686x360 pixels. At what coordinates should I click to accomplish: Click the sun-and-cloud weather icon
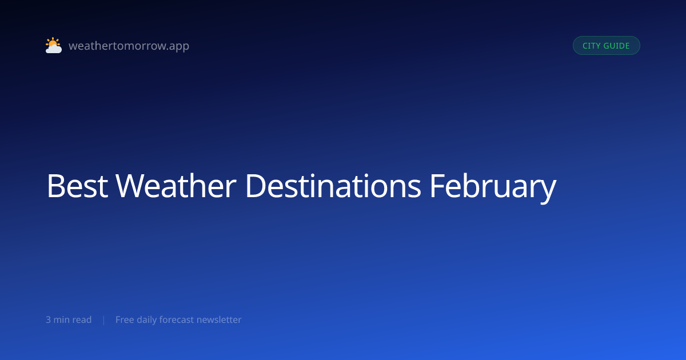(x=54, y=45)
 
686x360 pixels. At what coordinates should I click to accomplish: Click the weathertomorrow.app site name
(x=129, y=46)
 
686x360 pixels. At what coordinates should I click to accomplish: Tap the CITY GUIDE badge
(x=607, y=46)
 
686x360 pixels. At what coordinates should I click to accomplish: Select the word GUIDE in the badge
(x=616, y=46)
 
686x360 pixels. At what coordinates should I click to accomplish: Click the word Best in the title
(x=77, y=186)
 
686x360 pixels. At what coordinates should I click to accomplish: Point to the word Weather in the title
(x=176, y=186)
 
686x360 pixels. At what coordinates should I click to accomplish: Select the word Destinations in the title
(x=333, y=186)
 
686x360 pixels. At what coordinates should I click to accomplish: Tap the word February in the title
(x=493, y=187)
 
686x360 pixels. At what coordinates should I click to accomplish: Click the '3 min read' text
(x=69, y=319)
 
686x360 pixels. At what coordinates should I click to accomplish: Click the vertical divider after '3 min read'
(x=104, y=320)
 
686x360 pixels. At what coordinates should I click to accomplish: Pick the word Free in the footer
(x=125, y=319)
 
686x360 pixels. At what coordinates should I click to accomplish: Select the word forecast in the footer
(x=177, y=319)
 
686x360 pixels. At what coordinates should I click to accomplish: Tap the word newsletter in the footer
(x=219, y=319)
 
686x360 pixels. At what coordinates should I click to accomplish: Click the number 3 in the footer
(x=48, y=319)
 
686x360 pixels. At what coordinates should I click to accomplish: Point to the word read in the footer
(x=82, y=319)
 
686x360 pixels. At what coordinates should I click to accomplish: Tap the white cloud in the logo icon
(x=54, y=49)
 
